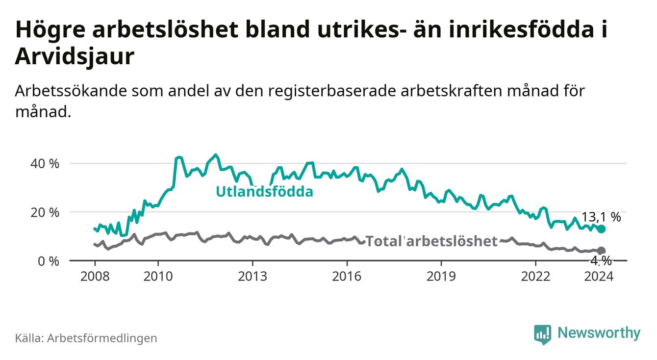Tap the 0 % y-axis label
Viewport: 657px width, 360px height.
pyautogui.click(x=48, y=261)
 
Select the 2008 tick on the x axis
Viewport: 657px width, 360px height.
pyautogui.click(x=94, y=276)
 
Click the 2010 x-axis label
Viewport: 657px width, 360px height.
pyautogui.click(x=158, y=276)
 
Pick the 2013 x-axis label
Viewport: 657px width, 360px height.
pyautogui.click(x=252, y=276)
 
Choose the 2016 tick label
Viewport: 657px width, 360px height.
pyautogui.click(x=347, y=276)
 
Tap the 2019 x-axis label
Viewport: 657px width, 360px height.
pyautogui.click(x=441, y=276)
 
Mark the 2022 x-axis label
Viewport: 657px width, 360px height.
pyautogui.click(x=535, y=276)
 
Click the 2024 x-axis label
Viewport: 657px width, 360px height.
pyautogui.click(x=599, y=276)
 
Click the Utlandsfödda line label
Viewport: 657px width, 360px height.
pyautogui.click(x=264, y=192)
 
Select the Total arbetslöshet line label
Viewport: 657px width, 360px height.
pyautogui.click(x=431, y=241)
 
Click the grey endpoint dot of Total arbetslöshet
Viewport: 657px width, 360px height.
pyautogui.click(x=601, y=251)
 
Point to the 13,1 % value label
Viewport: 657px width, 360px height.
pyautogui.click(x=601, y=217)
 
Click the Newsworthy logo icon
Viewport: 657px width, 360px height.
pyautogui.click(x=542, y=334)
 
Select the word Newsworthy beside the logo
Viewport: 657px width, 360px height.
pyautogui.click(x=599, y=334)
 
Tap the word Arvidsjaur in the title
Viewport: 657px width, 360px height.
pyautogui.click(x=75, y=57)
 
